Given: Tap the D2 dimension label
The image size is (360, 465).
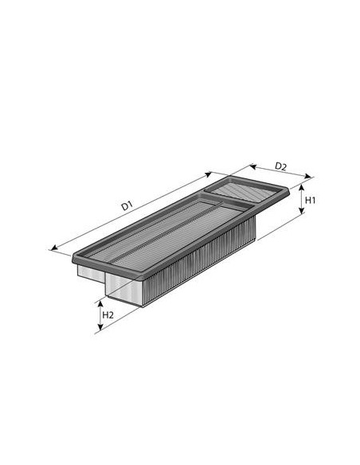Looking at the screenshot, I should pyautogui.click(x=280, y=166).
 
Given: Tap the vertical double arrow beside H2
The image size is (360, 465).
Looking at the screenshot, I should pyautogui.click(x=100, y=315).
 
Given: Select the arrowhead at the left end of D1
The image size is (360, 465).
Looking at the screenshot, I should pyautogui.click(x=53, y=248).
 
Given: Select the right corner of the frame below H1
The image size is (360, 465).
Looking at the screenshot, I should pyautogui.click(x=286, y=193).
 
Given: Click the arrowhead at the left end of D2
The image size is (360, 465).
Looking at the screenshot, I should pyautogui.click(x=251, y=166).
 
